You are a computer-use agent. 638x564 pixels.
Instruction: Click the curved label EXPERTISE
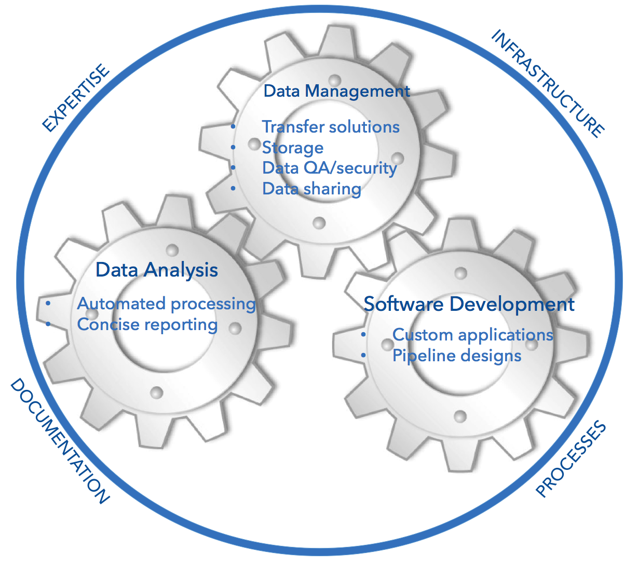pos(76,98)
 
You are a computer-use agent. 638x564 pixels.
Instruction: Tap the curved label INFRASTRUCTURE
pos(548,83)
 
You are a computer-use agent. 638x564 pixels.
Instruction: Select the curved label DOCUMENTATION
pos(60,441)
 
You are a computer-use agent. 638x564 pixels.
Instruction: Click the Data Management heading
pos(336,91)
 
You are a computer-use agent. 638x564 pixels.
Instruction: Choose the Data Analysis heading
pos(156,270)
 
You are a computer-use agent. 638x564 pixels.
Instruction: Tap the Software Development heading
pos(469,304)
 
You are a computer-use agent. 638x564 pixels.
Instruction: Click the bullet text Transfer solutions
pos(331,127)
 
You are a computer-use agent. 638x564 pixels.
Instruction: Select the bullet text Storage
pos(293,148)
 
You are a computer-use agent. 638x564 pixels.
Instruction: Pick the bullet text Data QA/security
pos(330,168)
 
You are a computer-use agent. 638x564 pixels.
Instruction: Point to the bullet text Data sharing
pos(311,189)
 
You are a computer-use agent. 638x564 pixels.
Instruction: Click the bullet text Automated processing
pos(166,304)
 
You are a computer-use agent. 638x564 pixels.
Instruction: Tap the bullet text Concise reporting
pos(147,324)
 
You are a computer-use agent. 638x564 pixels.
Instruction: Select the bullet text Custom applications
pos(472,335)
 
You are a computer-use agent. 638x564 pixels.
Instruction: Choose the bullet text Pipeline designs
pos(457,356)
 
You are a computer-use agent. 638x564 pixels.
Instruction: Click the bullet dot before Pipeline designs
pos(363,356)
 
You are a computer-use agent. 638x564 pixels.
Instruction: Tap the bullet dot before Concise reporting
pos(48,324)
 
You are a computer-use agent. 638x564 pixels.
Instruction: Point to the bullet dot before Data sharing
pos(233,188)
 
